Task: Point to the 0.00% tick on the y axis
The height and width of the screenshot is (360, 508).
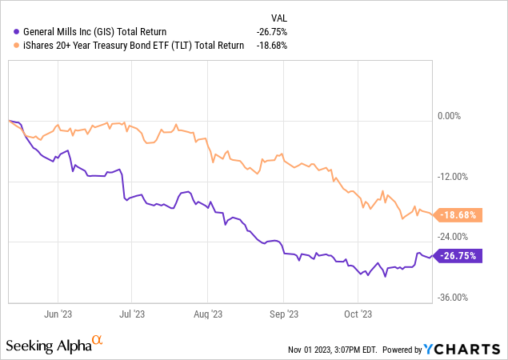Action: tap(451, 117)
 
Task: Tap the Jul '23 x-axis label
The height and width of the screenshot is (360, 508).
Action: tap(132, 314)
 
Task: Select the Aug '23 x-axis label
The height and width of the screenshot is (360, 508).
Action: tap(207, 314)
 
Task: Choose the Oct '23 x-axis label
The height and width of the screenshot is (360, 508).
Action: tap(357, 314)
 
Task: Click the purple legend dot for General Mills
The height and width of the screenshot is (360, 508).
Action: tap(18, 31)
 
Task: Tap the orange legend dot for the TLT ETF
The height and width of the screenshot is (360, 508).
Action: tap(18, 45)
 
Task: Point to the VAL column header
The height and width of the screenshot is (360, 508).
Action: tap(278, 17)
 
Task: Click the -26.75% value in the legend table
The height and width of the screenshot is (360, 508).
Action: tap(273, 31)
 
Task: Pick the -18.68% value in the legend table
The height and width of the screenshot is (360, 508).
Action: tap(273, 45)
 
